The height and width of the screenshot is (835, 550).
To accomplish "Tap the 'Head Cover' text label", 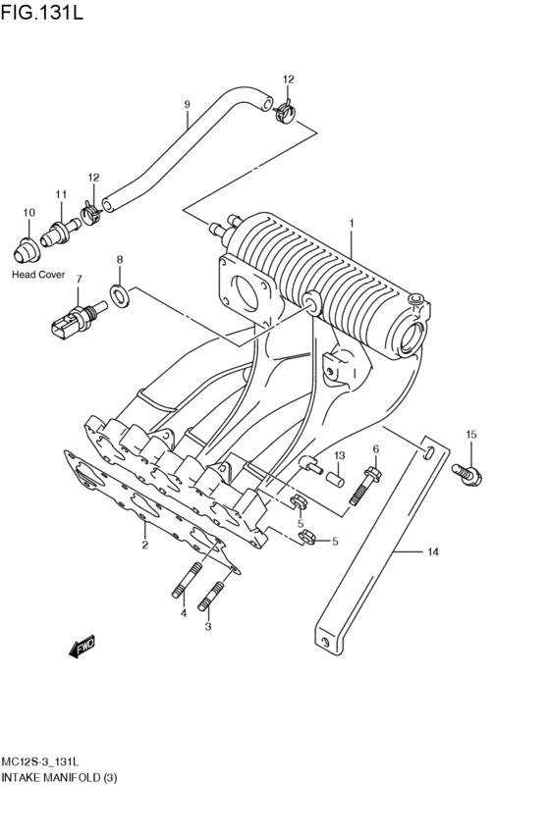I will (x=38, y=275).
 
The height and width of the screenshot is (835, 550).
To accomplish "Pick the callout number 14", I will (x=431, y=552).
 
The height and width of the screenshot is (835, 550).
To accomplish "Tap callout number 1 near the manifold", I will (x=351, y=224).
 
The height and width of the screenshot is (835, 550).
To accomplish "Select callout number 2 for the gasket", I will (x=144, y=545).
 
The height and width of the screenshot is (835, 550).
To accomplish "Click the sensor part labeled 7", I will (x=75, y=318).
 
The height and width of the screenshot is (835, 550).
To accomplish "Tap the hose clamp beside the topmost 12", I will (x=284, y=112).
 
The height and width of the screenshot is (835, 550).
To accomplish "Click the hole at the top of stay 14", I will (x=429, y=450).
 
